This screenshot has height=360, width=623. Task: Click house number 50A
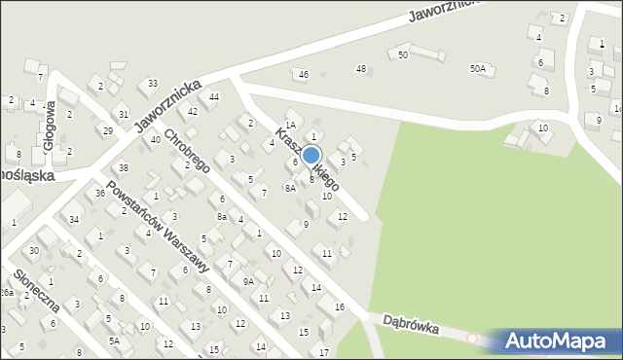pyautogui.click(x=477, y=68)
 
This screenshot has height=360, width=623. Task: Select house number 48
pyautogui.click(x=361, y=68)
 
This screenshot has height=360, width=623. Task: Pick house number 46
pyautogui.click(x=304, y=74)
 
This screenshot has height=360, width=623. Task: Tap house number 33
pyautogui.click(x=153, y=84)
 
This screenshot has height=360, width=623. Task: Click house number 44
pyautogui.click(x=214, y=96)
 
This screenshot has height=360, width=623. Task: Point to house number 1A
pyautogui.click(x=290, y=125)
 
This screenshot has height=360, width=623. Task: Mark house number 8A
pyautogui.click(x=290, y=189)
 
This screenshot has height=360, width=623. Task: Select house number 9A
pyautogui.click(x=248, y=281)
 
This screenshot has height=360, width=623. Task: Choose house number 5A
pyautogui.click(x=114, y=341)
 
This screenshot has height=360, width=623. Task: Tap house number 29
pyautogui.click(x=107, y=130)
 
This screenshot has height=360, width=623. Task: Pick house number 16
pyautogui.click(x=339, y=306)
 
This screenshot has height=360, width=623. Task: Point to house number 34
pyautogui.click(x=74, y=219)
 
